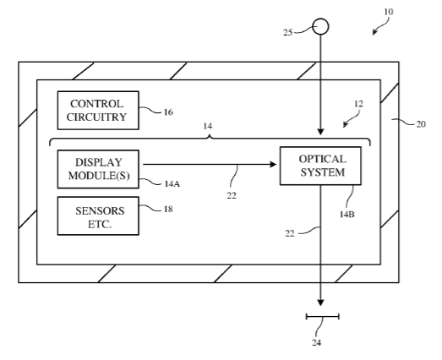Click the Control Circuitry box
click(98, 110)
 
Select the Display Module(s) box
click(98, 169)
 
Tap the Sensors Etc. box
click(98, 215)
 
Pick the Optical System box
click(320, 166)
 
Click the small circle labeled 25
click(320, 26)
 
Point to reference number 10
click(388, 12)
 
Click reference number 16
click(168, 112)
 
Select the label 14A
click(172, 184)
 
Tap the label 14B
click(347, 215)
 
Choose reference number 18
click(168, 209)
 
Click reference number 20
click(421, 124)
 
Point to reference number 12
click(358, 104)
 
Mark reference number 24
click(316, 342)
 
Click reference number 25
click(288, 32)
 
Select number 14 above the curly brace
click(208, 126)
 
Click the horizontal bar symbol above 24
click(323, 317)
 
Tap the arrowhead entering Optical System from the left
click(273, 164)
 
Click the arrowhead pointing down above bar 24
click(320, 303)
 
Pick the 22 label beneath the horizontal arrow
click(232, 195)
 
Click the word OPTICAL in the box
click(322, 159)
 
